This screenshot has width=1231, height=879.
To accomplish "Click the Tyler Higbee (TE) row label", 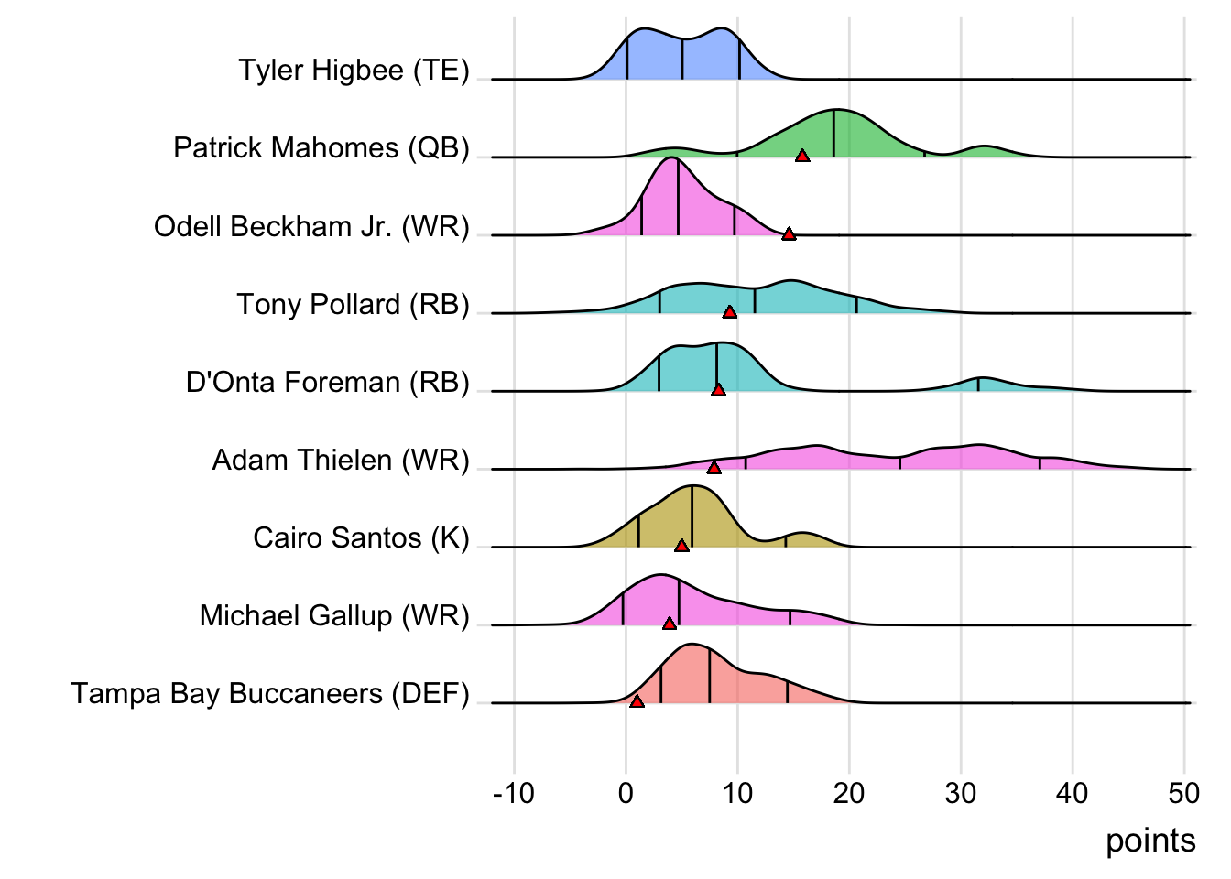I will pyautogui.click(x=354, y=71).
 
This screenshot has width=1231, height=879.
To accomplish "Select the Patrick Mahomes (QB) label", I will pyautogui.click(x=321, y=148).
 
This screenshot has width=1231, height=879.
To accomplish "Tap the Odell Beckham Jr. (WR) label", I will pyautogui.click(x=311, y=226).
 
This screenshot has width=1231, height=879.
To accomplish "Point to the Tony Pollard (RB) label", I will pyautogui.click(x=353, y=304).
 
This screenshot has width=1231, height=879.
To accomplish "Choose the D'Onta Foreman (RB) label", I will pyautogui.click(x=327, y=382).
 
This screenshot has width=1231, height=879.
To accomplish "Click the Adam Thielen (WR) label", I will pyautogui.click(x=341, y=460).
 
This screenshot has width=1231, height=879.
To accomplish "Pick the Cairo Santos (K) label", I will pyautogui.click(x=361, y=537).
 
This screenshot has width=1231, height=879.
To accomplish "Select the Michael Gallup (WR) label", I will pyautogui.click(x=334, y=615).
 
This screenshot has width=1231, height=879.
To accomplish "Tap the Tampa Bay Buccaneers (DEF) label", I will pyautogui.click(x=270, y=694).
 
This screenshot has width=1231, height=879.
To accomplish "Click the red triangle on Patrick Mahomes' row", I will pyautogui.click(x=802, y=157).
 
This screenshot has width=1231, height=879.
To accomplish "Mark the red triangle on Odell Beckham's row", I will pyautogui.click(x=789, y=234).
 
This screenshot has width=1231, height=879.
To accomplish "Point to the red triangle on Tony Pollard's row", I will pyautogui.click(x=729, y=312).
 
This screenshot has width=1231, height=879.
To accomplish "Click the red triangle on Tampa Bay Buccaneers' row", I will pyautogui.click(x=637, y=701).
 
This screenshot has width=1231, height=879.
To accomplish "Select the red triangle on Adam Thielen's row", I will pyautogui.click(x=714, y=468).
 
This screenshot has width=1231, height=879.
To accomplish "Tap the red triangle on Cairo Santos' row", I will pyautogui.click(x=681, y=546).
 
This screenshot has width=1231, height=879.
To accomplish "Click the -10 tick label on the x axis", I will pyautogui.click(x=513, y=793).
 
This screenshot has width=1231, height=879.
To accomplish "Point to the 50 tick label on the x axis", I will pyautogui.click(x=1184, y=793).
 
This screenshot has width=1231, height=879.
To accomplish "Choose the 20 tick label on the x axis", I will pyautogui.click(x=849, y=793).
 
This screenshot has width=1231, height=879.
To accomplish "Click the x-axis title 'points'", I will pyautogui.click(x=1150, y=841).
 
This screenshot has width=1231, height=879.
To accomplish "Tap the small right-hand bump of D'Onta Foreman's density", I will pyautogui.click(x=982, y=384).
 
